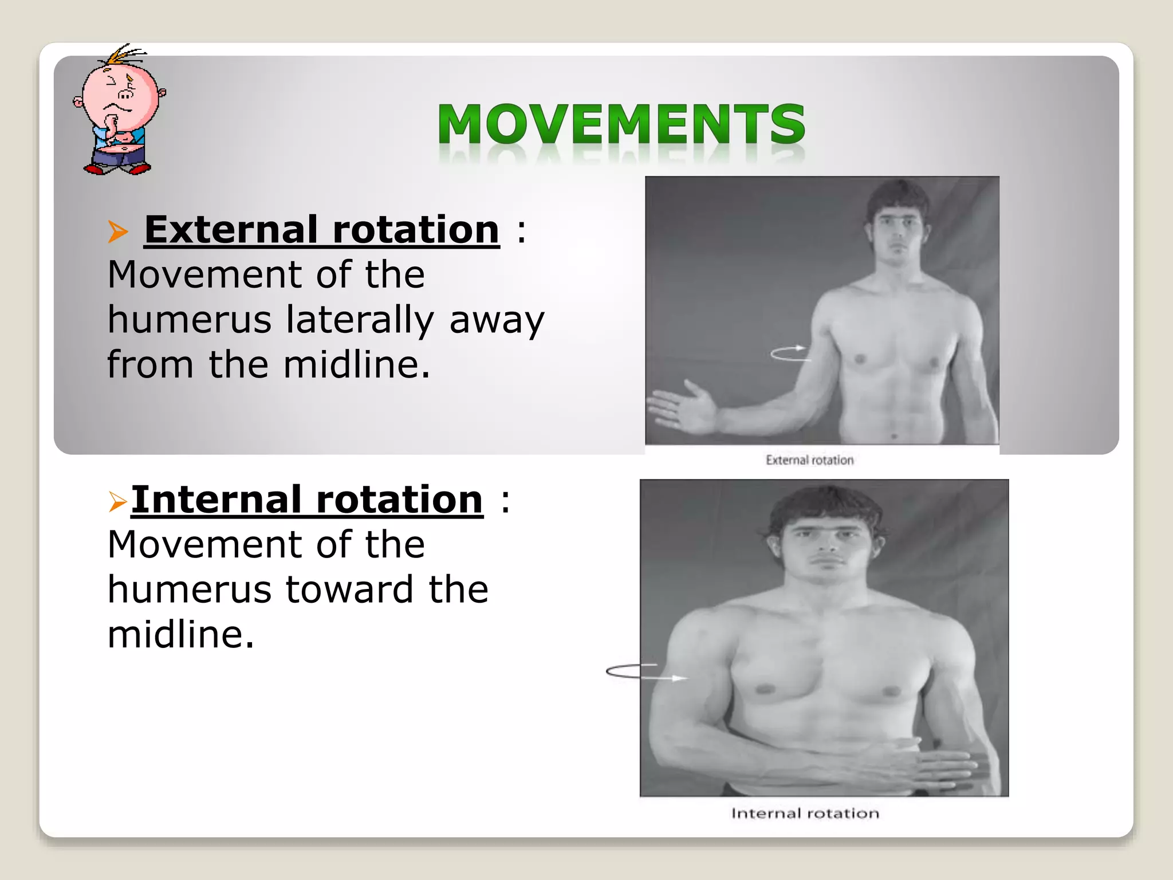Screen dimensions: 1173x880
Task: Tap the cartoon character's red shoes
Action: (117, 168)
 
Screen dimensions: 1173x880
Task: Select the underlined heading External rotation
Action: (321, 230)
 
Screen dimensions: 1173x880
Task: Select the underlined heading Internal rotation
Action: (307, 500)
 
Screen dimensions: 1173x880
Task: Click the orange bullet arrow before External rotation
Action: (117, 231)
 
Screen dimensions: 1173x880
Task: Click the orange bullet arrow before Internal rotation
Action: (117, 502)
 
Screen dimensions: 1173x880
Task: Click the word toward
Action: (349, 590)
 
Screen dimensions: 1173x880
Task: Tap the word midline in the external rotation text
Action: (356, 365)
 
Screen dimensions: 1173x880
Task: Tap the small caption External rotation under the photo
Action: (809, 460)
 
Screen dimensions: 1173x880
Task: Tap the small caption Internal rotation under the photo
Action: (805, 814)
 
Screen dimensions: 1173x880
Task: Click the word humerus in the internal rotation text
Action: (189, 590)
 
